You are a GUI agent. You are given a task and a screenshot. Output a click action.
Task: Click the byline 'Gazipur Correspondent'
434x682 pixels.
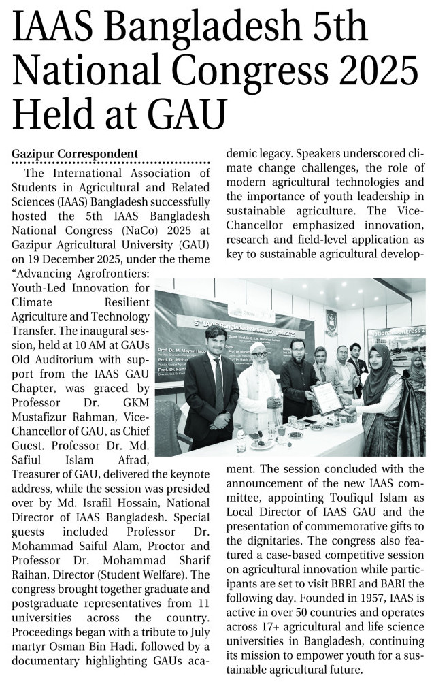75,154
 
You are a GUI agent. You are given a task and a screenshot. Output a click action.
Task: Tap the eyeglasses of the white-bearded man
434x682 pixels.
259,355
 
